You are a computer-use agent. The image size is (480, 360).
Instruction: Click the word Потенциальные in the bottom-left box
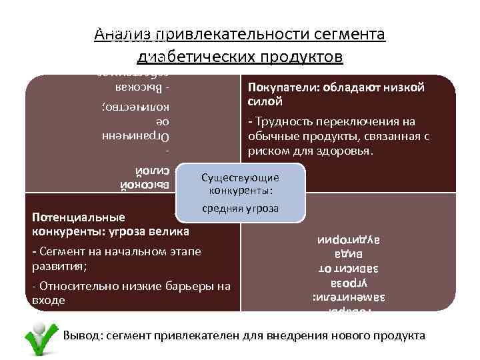point(78,218)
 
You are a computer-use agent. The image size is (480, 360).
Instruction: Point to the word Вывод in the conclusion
point(79,335)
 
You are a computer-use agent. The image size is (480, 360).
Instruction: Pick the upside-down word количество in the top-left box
point(141,107)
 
